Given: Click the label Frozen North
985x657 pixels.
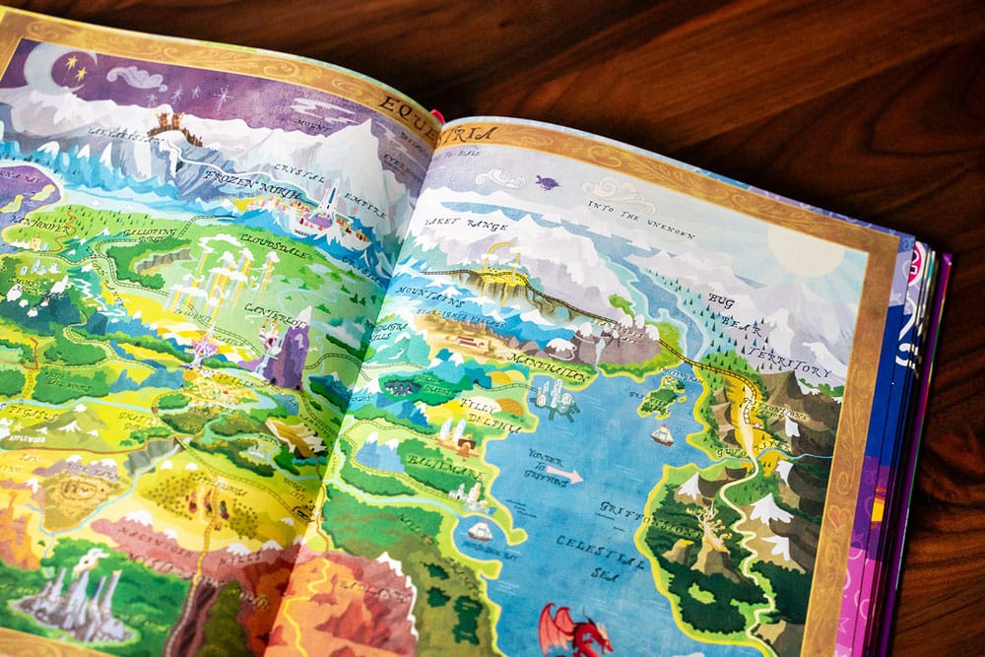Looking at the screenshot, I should [x=242, y=181].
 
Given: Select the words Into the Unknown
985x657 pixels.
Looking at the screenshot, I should [x=640, y=220].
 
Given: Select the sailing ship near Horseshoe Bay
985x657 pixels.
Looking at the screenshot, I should [x=480, y=532].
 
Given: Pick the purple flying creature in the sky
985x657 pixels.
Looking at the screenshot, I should [x=547, y=182].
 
